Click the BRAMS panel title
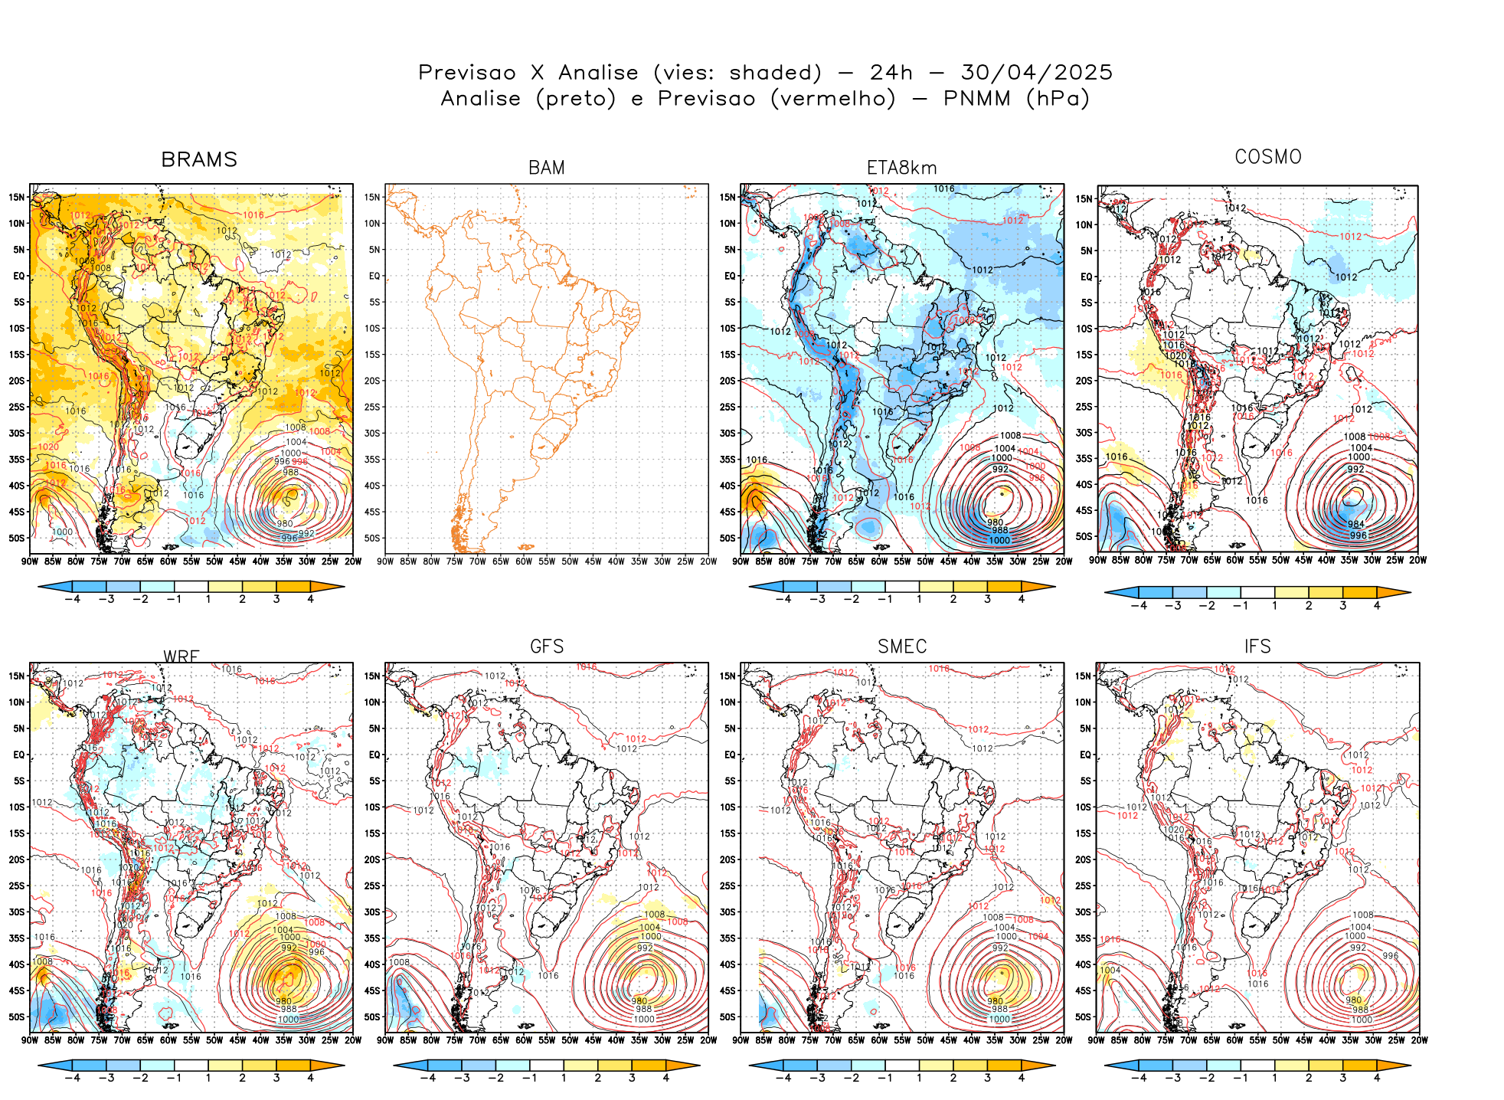coord(199,159)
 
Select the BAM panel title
coord(546,168)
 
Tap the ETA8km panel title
coord(901,168)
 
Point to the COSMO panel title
coord(1267,157)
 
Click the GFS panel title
coord(546,647)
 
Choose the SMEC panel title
coord(901,647)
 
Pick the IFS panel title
coord(1257,647)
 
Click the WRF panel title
coord(181,656)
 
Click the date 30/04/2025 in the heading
coord(1036,73)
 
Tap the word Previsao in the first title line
coord(467,73)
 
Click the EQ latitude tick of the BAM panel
coord(374,276)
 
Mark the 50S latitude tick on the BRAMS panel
coord(17,539)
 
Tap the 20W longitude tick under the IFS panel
coord(1419,1040)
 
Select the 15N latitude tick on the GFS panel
coord(372,676)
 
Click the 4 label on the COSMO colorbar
coord(1376,606)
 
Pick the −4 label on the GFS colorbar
coord(427,1079)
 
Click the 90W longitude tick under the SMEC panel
coord(741,1040)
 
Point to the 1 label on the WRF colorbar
coord(208,1079)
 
